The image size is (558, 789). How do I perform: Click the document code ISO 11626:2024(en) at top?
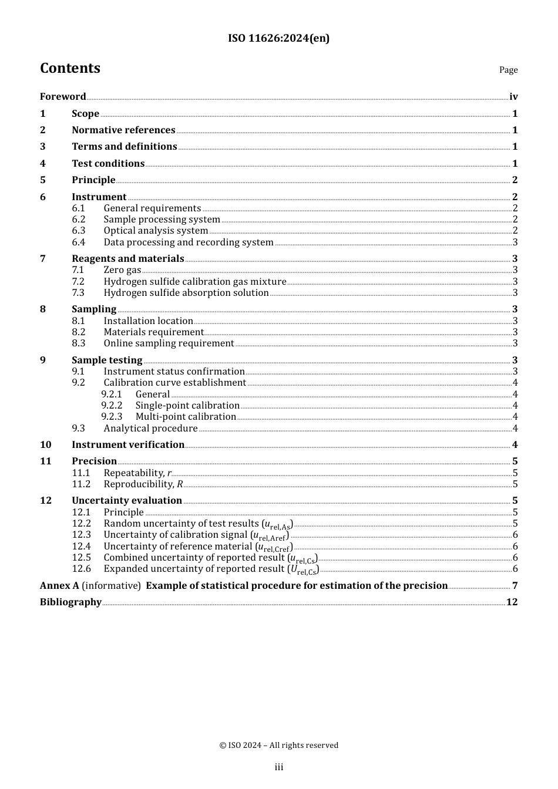pos(278,38)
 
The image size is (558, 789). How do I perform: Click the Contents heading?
pos(70,68)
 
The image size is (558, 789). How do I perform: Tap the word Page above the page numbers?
pos(508,70)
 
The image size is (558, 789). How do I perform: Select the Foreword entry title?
pos(63,97)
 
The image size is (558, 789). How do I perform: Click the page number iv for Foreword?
pos(513,97)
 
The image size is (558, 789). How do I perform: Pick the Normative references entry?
pos(123,130)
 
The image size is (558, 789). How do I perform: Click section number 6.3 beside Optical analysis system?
pos(79,231)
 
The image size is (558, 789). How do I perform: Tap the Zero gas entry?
pos(122,270)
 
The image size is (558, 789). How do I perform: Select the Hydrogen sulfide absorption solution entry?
pos(186,293)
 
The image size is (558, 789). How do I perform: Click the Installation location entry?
pos(148,321)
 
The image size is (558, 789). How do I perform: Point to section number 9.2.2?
pos(112,406)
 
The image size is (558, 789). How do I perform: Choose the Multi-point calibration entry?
pos(186,417)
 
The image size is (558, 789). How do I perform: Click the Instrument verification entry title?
pos(128,445)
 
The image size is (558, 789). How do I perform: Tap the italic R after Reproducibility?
pos(180,484)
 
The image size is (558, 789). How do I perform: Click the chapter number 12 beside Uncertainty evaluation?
pos(46,501)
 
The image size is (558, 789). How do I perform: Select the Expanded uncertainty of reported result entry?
pos(210,569)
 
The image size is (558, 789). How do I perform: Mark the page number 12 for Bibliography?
pos(512,602)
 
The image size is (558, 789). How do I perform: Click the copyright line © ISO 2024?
pos(278,746)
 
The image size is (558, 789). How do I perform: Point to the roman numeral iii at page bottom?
pos(278,767)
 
